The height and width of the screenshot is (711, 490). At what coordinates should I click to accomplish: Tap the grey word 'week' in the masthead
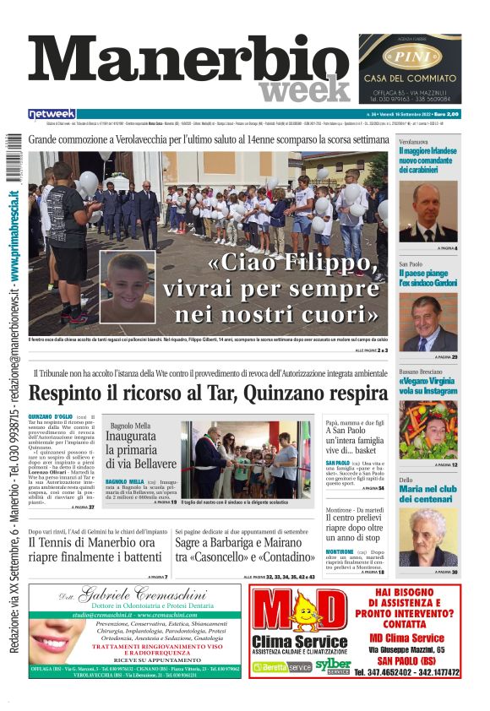(305, 90)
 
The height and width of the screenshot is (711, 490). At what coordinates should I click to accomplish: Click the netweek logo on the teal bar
(52, 113)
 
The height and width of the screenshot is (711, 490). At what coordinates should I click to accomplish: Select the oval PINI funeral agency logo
(410, 57)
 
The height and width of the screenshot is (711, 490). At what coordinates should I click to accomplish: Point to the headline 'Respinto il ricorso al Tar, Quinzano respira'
(208, 393)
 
